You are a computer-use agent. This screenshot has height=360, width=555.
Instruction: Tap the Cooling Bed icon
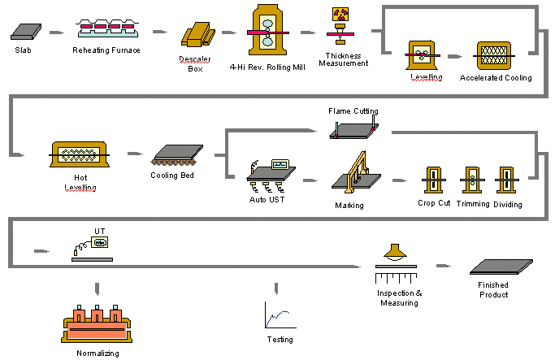pos(173,154)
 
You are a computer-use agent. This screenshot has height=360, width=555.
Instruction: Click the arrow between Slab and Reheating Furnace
pos(55,33)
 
